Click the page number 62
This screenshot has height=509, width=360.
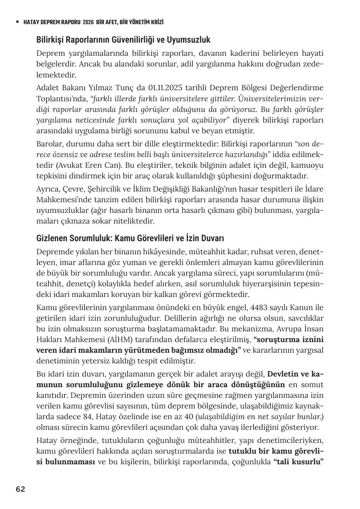pyautogui.click(x=21, y=489)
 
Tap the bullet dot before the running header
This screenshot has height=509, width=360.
pyautogui.click(x=17, y=22)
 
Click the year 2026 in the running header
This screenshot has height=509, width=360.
pyautogui.click(x=88, y=22)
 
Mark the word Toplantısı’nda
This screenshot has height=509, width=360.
pyautogui.click(x=62, y=99)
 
